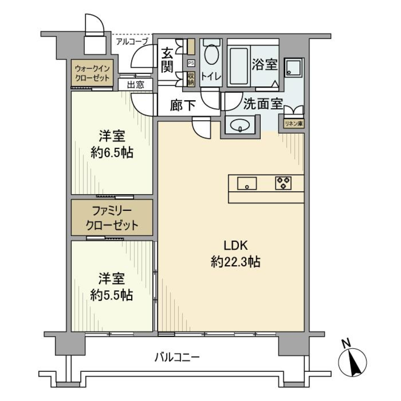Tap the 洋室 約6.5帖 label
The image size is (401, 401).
click(112, 145)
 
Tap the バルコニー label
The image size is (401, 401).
click(178, 357)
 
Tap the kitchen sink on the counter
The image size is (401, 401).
click(247, 183)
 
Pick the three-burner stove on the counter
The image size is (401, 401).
click(283, 183)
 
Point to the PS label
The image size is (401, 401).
click(191, 63)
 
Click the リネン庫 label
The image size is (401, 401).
click(294, 124)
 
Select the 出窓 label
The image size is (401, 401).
click(135, 85)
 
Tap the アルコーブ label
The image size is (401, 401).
click(132, 41)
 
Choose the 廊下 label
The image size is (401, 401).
click(183, 105)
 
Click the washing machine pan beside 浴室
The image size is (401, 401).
click(294, 68)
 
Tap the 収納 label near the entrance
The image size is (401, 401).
click(191, 78)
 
